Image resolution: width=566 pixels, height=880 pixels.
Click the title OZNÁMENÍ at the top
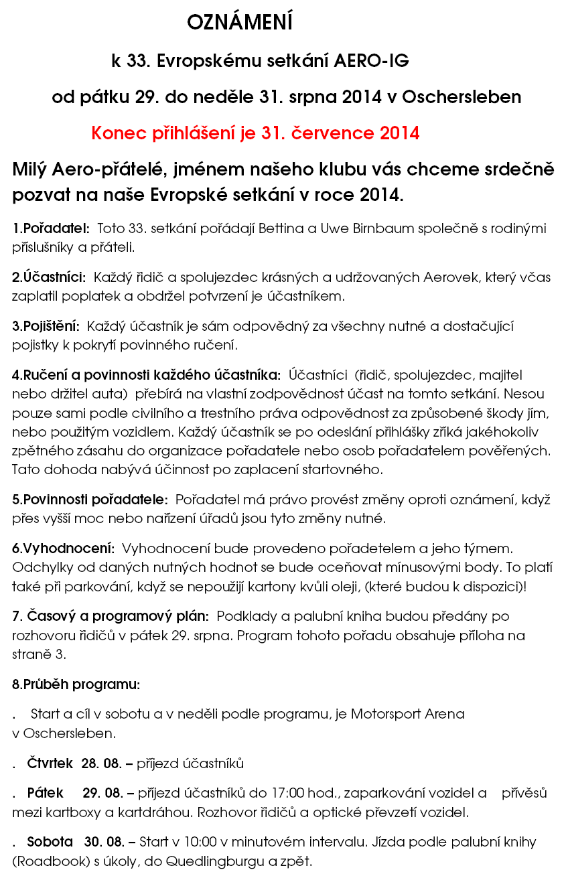(240, 23)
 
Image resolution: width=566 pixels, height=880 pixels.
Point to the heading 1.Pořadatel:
(51, 229)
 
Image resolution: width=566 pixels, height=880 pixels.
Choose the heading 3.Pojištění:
(46, 327)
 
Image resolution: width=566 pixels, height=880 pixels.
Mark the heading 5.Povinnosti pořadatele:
(90, 500)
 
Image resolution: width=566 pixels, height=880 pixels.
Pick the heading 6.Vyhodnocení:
(63, 548)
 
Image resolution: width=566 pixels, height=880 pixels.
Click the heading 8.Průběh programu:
(76, 684)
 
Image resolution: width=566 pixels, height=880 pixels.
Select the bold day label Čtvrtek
(50, 763)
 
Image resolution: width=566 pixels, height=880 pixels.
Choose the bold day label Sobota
(50, 842)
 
